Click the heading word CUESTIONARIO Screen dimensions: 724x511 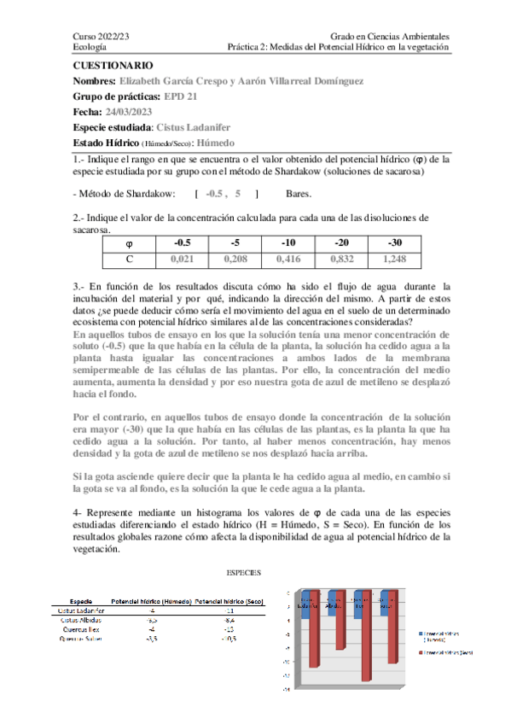113,65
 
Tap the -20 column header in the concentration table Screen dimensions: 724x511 342,242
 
